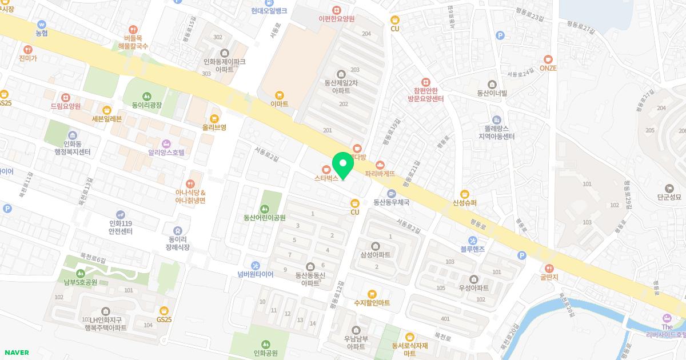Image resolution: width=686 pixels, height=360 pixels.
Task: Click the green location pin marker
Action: pyautogui.click(x=343, y=166)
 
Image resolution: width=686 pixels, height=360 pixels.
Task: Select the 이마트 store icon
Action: pyautogui.click(x=280, y=95)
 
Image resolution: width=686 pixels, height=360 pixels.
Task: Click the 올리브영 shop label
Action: pyautogui.click(x=214, y=127)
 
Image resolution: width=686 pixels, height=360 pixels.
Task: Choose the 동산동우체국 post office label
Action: pyautogui.click(x=392, y=202)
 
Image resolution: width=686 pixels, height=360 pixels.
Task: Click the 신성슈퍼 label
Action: pyautogui.click(x=464, y=202)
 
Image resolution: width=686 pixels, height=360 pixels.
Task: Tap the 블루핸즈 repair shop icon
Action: pyautogui.click(x=473, y=240)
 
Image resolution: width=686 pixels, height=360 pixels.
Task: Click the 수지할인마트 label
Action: pyautogui.click(x=372, y=303)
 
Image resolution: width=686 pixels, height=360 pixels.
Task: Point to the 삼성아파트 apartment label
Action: pyautogui.click(x=376, y=254)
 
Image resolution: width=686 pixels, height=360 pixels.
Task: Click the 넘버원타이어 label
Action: pyautogui.click(x=256, y=274)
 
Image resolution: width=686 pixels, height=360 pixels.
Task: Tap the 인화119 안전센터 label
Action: pyautogui.click(x=121, y=227)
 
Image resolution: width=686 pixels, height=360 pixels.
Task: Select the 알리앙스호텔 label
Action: pyautogui.click(x=166, y=153)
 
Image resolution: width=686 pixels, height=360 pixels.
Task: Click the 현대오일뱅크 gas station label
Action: pyautogui.click(x=269, y=10)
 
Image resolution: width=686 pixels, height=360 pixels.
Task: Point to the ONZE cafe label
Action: pyautogui.click(x=548, y=68)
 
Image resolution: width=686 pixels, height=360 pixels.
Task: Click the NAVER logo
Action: pyautogui.click(x=17, y=353)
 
